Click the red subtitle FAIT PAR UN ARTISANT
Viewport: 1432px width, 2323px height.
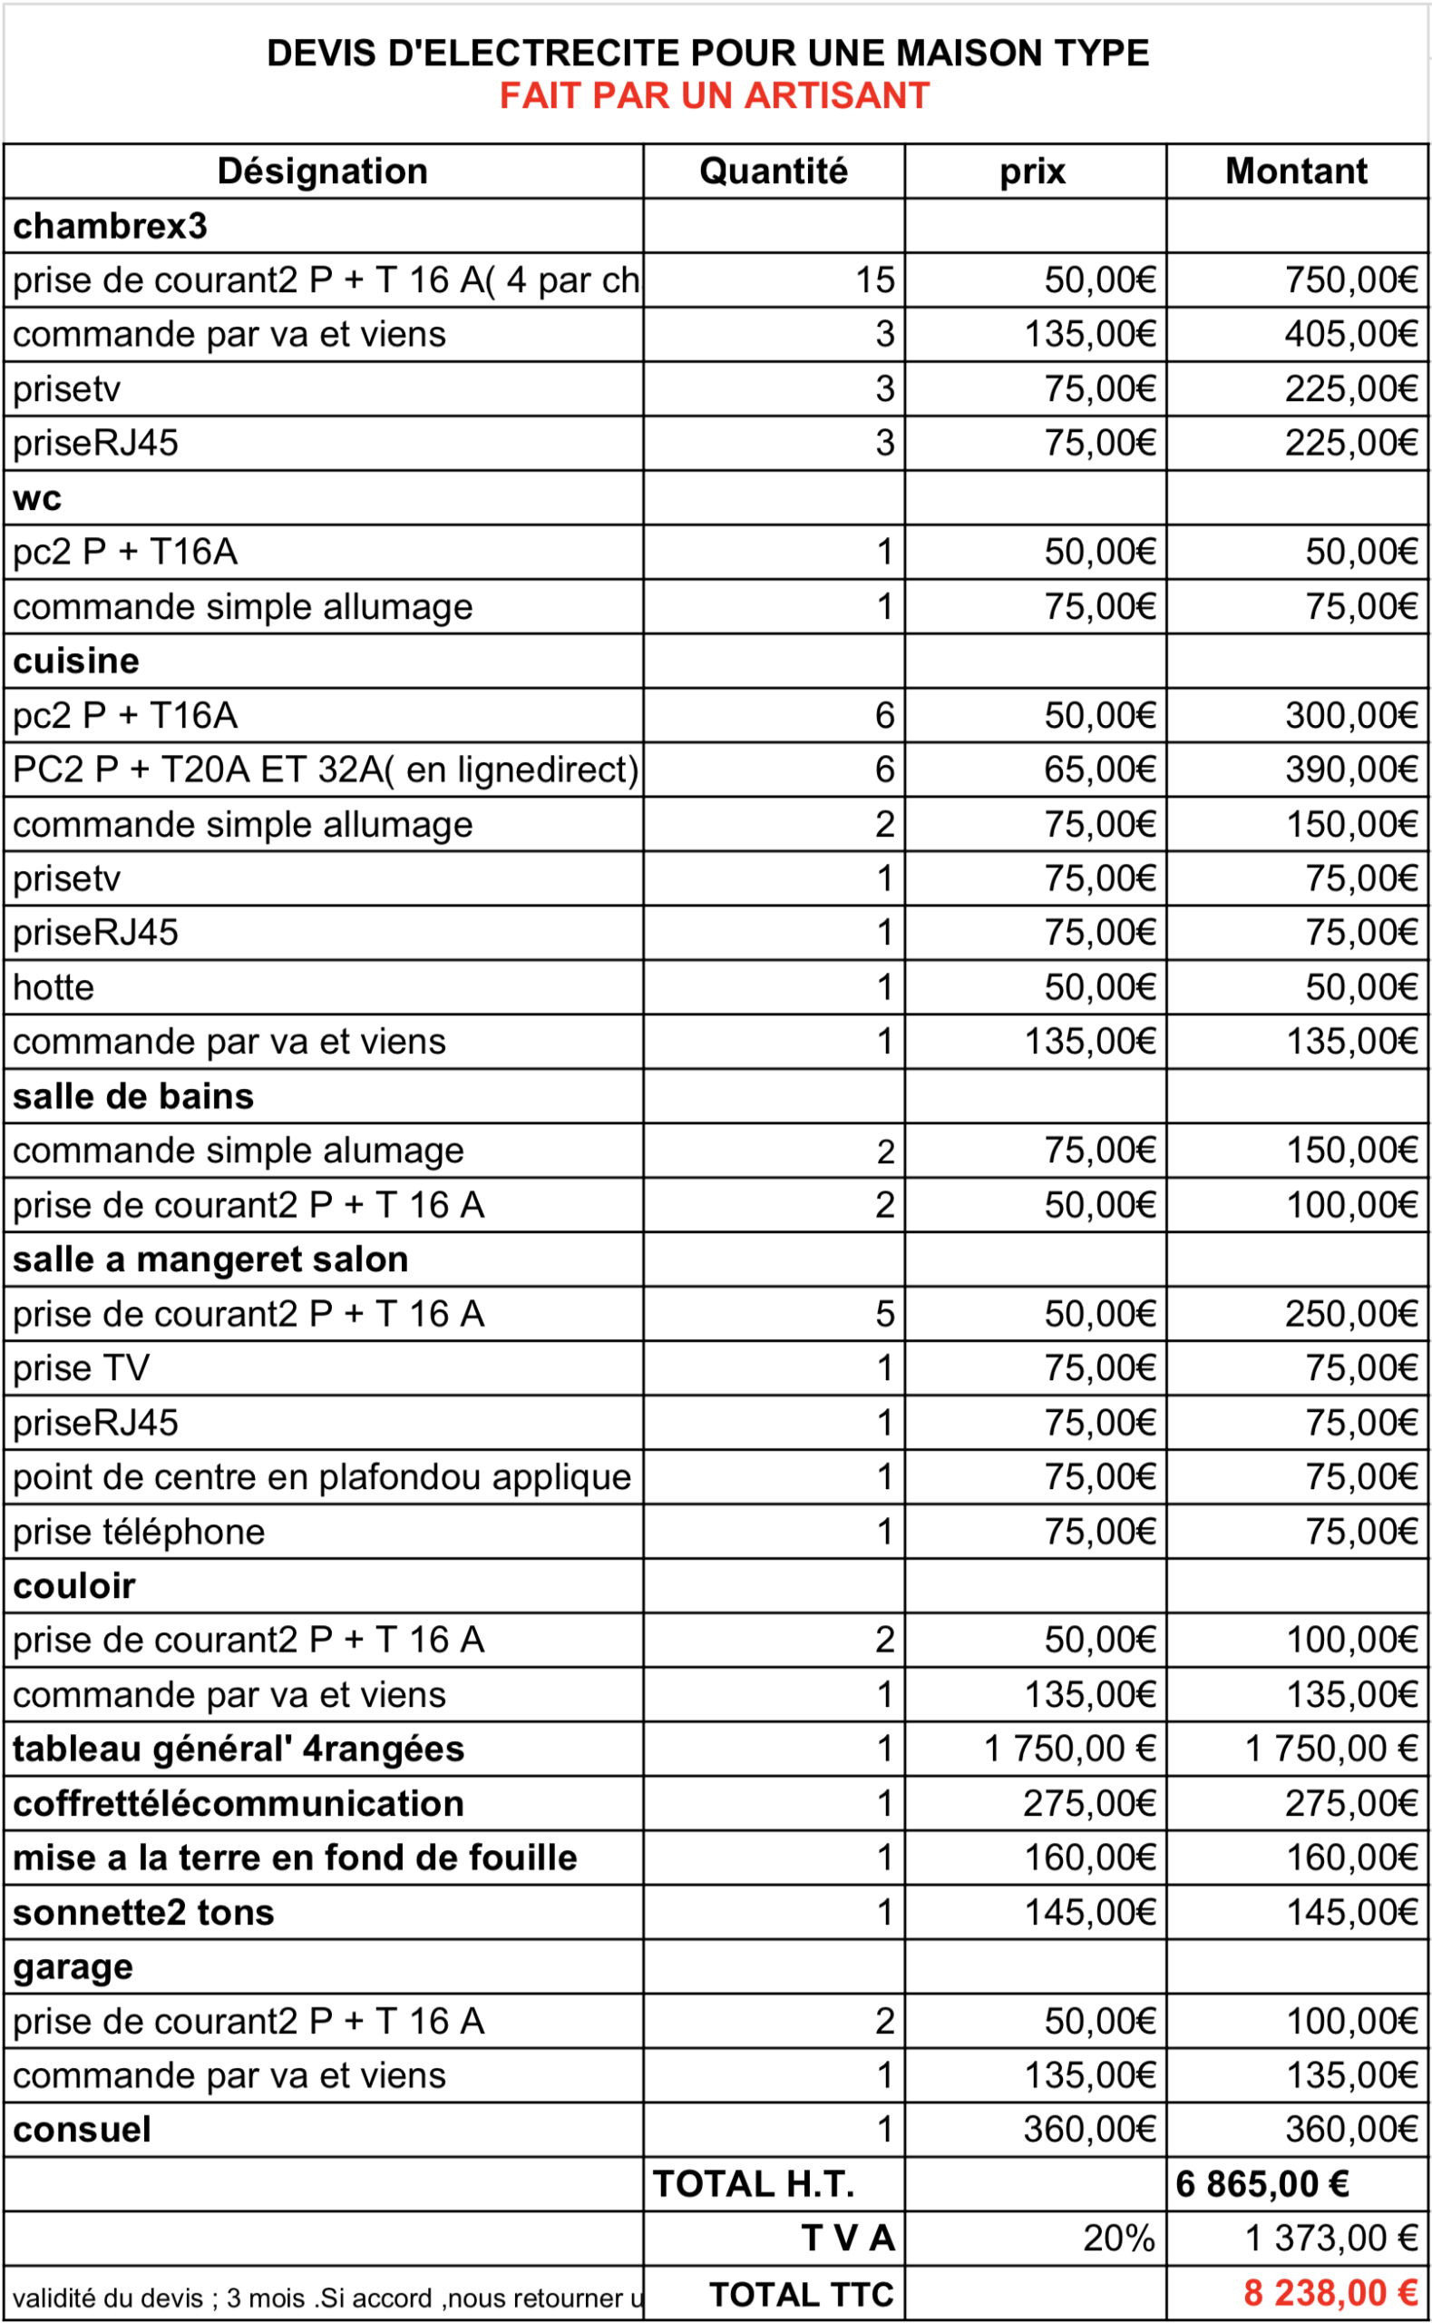tap(714, 95)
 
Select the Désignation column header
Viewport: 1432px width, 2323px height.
tap(322, 172)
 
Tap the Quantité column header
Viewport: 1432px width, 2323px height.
tap(773, 172)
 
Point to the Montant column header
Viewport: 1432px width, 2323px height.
tap(1296, 172)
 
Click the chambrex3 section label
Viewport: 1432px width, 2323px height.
tap(110, 227)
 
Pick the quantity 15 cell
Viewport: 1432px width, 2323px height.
tap(874, 280)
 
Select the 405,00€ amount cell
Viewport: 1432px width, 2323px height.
tap(1350, 335)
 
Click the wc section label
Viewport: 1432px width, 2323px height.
tap(38, 498)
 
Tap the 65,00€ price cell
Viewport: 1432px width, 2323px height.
tap(1099, 770)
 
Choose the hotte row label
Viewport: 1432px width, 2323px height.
tap(54, 988)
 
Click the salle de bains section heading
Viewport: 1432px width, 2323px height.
tap(133, 1097)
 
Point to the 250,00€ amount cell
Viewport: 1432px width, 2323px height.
tap(1350, 1315)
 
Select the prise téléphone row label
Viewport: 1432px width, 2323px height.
tap(140, 1533)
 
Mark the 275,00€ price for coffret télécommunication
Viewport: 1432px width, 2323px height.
tap(1089, 1805)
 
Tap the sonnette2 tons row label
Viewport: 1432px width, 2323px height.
tap(144, 1914)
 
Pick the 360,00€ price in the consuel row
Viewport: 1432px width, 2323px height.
tap(1089, 2131)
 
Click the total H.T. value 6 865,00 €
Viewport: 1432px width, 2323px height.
tap(1262, 2186)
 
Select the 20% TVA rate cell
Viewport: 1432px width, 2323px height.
tap(1118, 2240)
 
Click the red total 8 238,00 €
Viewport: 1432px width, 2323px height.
tap(1330, 2294)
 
